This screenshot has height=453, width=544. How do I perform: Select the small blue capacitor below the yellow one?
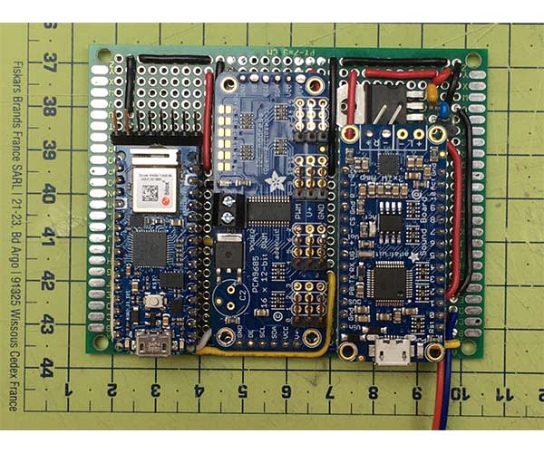pyautogui.click(x=442, y=110)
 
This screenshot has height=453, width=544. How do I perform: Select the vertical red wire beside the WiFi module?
pyautogui.click(x=208, y=116)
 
